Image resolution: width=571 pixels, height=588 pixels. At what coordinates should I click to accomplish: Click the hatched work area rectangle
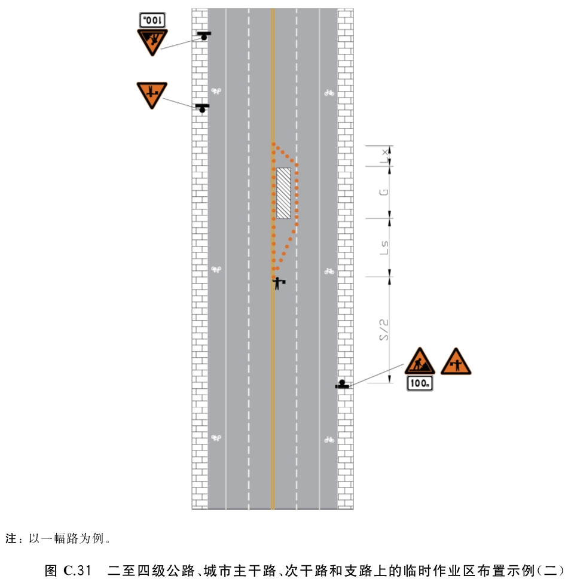click(x=283, y=193)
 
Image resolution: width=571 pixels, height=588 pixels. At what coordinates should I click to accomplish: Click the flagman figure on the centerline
click(x=278, y=283)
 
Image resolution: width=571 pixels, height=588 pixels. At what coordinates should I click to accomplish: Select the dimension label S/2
click(x=383, y=330)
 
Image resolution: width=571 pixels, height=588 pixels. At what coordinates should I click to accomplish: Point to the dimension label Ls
click(x=384, y=248)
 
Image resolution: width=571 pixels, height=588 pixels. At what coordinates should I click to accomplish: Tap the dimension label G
click(x=383, y=192)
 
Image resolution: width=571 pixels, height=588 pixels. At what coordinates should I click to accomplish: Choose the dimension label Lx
click(x=384, y=156)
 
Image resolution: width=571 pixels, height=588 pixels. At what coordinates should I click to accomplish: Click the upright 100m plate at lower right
click(x=420, y=383)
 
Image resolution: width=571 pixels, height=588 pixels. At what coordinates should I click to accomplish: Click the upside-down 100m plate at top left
click(x=152, y=20)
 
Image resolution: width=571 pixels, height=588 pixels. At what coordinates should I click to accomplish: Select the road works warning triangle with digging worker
click(x=420, y=361)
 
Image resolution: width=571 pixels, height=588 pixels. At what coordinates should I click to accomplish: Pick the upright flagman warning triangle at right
click(x=456, y=362)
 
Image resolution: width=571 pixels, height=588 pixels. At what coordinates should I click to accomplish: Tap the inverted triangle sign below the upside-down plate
click(x=152, y=42)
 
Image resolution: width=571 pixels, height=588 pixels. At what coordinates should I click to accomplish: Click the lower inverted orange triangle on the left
click(x=152, y=95)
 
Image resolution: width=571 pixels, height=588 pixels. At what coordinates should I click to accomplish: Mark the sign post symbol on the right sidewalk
click(x=342, y=384)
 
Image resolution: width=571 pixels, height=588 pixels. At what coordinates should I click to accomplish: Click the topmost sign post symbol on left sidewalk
click(x=204, y=36)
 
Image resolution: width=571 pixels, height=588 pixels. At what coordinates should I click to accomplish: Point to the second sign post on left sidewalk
click(x=203, y=108)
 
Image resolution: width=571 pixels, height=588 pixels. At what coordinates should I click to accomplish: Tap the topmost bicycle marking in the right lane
click(x=329, y=93)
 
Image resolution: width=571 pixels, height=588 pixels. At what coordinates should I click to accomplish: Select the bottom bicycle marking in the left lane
click(x=216, y=438)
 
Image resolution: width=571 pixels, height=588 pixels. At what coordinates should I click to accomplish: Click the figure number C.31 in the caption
click(x=78, y=571)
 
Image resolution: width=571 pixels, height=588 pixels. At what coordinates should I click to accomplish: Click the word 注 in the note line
click(x=10, y=538)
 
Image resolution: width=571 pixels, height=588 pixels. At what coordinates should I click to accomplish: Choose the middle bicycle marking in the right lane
click(x=329, y=271)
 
